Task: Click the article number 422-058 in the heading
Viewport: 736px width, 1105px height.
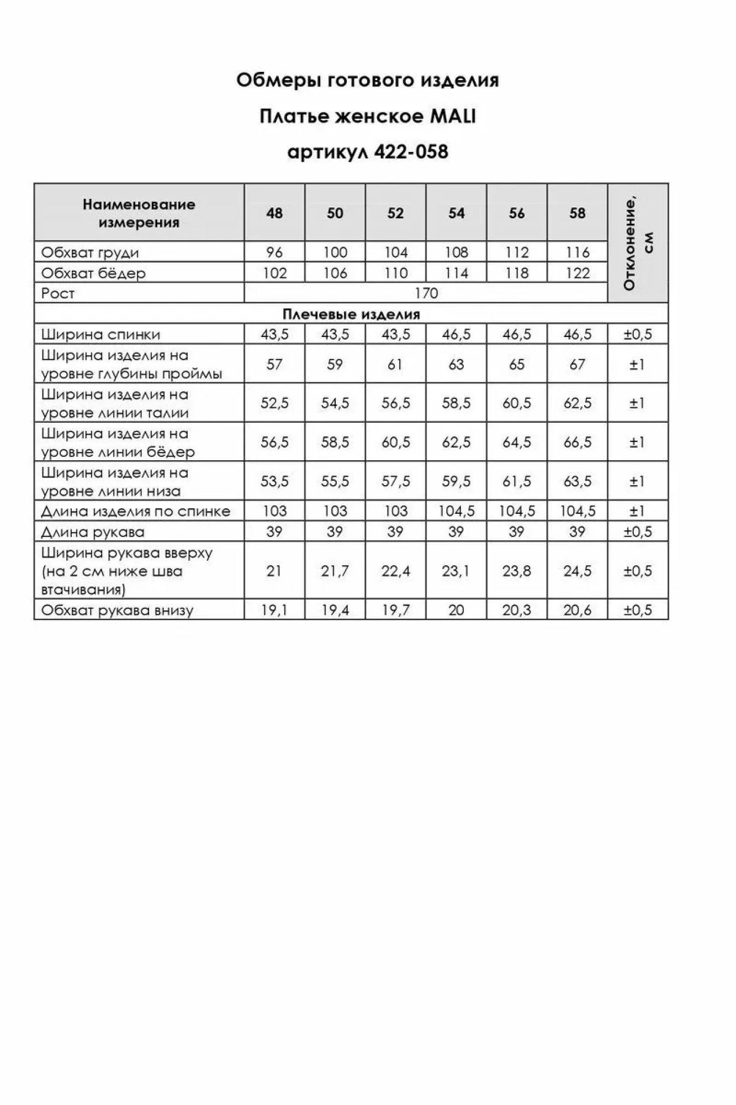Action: (411, 152)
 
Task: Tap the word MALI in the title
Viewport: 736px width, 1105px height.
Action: (452, 117)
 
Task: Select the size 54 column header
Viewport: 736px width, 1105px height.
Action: (456, 213)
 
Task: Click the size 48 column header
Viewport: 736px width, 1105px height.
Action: (274, 213)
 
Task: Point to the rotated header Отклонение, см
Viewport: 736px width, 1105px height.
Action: (638, 243)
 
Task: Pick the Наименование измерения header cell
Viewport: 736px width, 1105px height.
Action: (139, 213)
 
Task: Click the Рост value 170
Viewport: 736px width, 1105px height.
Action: (426, 293)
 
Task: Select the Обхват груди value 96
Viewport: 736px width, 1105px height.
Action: (274, 252)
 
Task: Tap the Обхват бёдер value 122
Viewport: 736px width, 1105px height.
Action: (578, 273)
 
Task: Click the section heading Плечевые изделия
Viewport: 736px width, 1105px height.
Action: (351, 314)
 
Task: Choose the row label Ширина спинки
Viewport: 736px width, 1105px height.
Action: (101, 334)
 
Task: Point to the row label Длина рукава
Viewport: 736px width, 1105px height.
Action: (93, 532)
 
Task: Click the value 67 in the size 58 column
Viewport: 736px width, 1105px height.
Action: (578, 364)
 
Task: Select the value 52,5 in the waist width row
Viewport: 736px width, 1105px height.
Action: (274, 403)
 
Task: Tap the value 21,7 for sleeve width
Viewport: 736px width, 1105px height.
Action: (335, 571)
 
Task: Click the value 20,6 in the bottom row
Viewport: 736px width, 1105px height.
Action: (578, 610)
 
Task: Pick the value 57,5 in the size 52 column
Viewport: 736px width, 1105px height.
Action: (396, 481)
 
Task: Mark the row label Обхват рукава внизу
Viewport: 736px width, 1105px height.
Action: (117, 611)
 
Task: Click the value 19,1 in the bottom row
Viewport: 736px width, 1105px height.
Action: (274, 610)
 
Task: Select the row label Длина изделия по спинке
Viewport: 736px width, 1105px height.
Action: (136, 511)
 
